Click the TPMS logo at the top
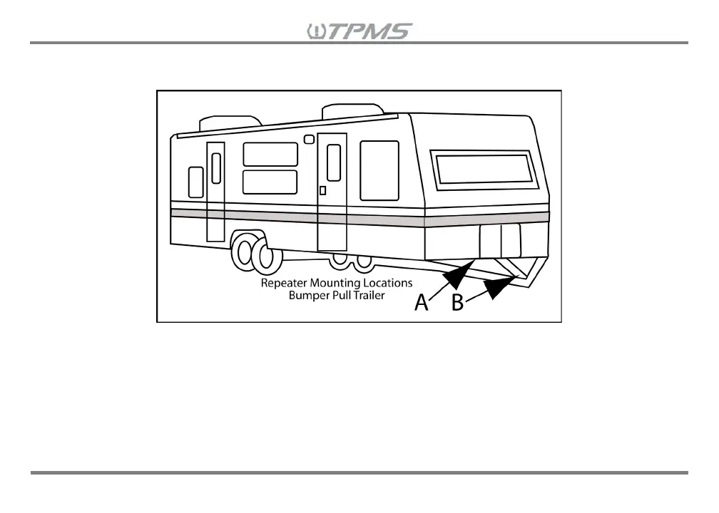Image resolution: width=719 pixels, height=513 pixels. [359, 31]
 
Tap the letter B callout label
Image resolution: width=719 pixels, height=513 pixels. [458, 303]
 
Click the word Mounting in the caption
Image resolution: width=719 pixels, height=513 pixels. [337, 283]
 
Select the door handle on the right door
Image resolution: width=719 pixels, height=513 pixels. [323, 190]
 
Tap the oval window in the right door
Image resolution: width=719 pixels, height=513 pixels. [333, 162]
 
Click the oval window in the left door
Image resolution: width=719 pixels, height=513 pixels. [216, 167]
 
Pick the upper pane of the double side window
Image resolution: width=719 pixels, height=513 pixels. [270, 154]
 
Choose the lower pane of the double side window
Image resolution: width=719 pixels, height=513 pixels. [270, 182]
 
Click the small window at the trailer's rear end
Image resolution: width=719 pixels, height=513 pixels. [195, 182]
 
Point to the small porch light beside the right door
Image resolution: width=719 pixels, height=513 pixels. [309, 140]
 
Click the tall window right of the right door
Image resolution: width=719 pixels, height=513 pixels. [379, 170]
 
